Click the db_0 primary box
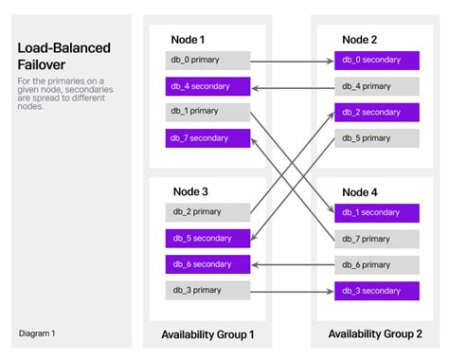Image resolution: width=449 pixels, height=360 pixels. click(x=208, y=61)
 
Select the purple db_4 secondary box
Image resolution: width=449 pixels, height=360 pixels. click(x=208, y=86)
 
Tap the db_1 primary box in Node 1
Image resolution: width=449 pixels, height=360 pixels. click(x=208, y=112)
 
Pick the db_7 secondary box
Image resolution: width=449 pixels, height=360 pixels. click(x=208, y=138)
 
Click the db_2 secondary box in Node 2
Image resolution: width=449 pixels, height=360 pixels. click(x=378, y=112)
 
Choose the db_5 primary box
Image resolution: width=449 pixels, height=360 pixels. click(x=378, y=138)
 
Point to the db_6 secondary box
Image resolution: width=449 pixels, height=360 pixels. click(x=208, y=263)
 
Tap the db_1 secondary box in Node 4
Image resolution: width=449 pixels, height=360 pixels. click(x=378, y=212)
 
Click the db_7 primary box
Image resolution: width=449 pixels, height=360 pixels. click(x=378, y=238)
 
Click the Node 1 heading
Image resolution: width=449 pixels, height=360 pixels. click(x=188, y=39)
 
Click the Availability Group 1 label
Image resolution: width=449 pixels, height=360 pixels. click(x=207, y=334)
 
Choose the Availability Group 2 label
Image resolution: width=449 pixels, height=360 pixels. click(x=375, y=333)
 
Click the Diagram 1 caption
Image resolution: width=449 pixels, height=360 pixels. click(x=37, y=333)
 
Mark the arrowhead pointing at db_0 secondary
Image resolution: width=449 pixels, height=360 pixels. click(x=330, y=61)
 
